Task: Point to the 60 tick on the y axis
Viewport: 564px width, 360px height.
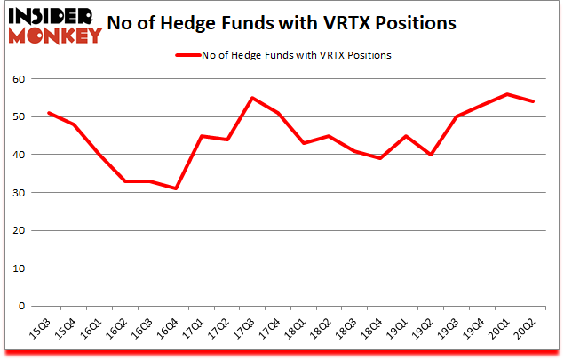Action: [19, 79]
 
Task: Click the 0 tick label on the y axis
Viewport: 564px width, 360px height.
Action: [22, 306]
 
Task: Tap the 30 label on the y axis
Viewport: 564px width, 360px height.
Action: [19, 193]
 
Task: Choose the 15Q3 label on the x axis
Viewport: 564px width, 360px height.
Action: [42, 331]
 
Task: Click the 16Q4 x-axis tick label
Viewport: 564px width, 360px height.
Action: [170, 331]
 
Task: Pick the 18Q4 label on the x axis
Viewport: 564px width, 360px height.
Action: [374, 331]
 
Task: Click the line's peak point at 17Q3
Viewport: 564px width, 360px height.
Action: [252, 98]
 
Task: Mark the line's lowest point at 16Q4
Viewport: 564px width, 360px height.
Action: [176, 188]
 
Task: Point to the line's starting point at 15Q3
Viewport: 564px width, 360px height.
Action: [48, 113]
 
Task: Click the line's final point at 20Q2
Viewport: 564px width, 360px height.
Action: [533, 101]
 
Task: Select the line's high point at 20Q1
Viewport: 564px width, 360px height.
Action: [507, 94]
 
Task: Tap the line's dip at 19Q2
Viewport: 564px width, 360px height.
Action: [431, 155]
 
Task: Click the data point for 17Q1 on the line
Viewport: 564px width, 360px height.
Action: [202, 136]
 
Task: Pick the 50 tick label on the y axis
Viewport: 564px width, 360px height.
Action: [19, 117]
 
